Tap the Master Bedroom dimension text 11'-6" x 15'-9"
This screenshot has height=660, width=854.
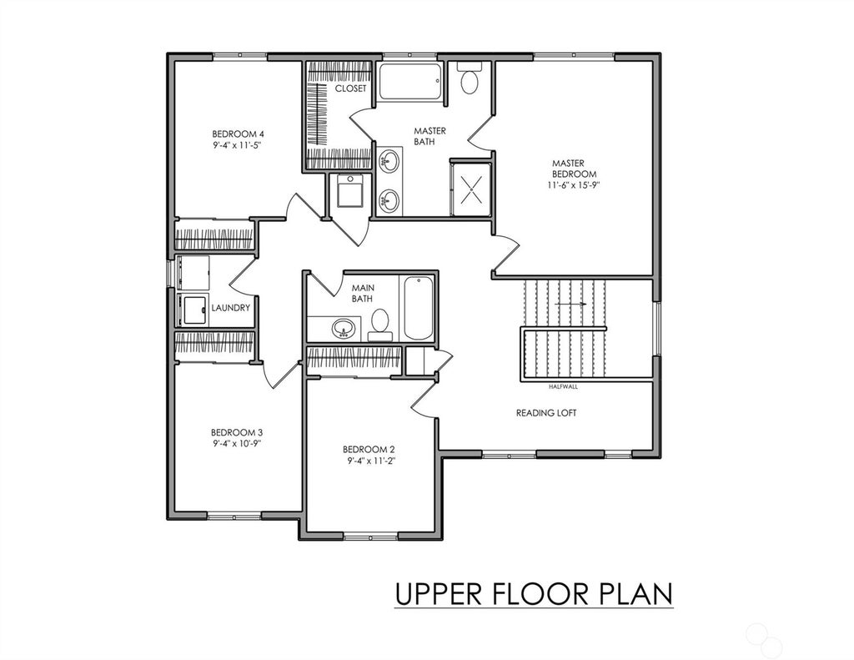coord(574,184)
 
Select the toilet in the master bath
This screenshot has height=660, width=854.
coord(469,78)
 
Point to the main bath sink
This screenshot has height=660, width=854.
coord(343,328)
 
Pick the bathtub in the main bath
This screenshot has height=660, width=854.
coord(419,308)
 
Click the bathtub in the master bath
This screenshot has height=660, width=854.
coord(410,82)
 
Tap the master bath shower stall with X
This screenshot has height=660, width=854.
coord(470,188)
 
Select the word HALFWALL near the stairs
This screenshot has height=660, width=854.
coord(563,387)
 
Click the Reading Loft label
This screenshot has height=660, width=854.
coord(546,413)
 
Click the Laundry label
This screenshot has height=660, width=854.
coord(230,308)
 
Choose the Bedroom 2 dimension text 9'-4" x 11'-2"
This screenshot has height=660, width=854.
coord(369,461)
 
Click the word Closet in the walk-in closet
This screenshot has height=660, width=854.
coord(351,88)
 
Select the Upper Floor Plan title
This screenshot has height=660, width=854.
coord(534,593)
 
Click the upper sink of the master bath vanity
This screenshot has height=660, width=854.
coord(389,161)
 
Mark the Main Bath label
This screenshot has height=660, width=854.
coord(363,293)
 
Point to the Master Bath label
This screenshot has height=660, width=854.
coord(430,136)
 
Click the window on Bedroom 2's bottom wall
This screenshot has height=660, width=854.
coord(371,537)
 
